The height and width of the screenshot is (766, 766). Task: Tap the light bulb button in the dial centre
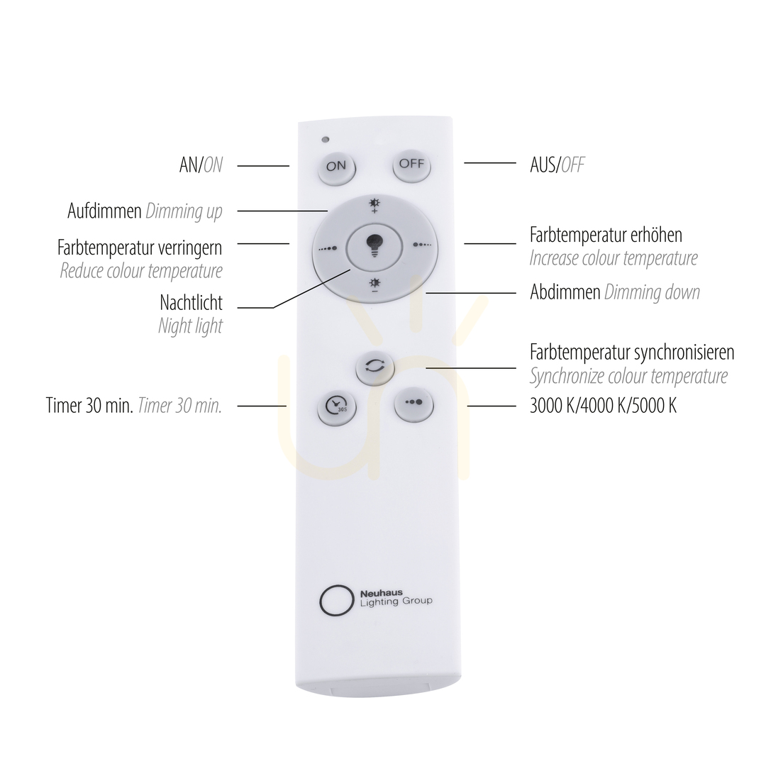[374, 245]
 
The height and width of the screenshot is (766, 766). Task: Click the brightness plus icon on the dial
[374, 206]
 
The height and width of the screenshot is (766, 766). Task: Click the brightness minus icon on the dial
[374, 284]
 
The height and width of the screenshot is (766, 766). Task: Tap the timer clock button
[337, 406]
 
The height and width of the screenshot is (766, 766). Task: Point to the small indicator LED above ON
[326, 139]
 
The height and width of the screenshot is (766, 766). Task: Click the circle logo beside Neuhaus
[336, 601]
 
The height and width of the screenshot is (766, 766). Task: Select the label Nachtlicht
[191, 303]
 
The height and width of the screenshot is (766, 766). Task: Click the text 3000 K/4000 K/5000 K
[604, 406]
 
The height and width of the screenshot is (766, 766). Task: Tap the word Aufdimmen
[104, 211]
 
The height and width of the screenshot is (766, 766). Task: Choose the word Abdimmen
[565, 292]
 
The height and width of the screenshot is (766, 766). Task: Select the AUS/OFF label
[557, 165]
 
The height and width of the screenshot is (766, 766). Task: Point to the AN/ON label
[201, 165]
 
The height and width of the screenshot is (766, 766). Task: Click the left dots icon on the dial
[328, 248]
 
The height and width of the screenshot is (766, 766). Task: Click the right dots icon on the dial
[422, 244]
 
